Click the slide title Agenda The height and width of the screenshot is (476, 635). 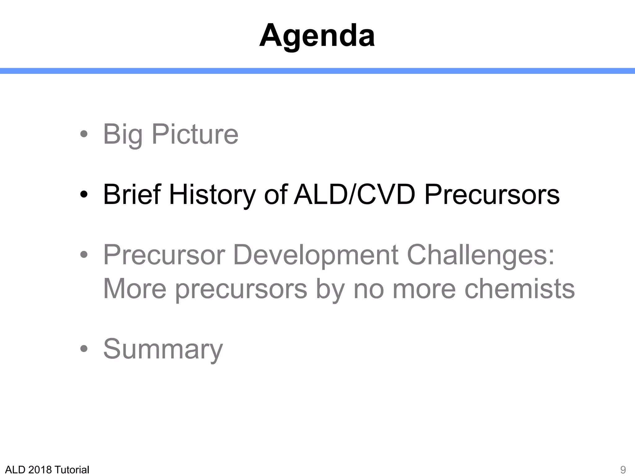click(x=317, y=36)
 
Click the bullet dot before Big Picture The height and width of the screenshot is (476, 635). click(x=84, y=134)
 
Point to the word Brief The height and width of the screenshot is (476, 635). click(x=132, y=195)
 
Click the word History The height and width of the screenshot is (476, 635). click(x=212, y=195)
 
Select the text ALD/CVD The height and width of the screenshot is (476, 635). click(x=354, y=195)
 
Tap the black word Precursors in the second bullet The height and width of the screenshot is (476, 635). click(x=492, y=195)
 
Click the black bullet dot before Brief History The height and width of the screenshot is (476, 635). click(x=84, y=195)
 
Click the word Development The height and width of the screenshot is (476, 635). click(x=316, y=255)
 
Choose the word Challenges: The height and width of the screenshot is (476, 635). click(x=480, y=255)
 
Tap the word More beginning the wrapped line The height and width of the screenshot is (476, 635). click(x=135, y=289)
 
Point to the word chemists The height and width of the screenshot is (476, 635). click(x=519, y=289)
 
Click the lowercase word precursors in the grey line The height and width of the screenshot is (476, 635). click(x=241, y=289)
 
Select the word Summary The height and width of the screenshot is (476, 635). click(x=163, y=349)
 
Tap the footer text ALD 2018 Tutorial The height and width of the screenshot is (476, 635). click(x=47, y=470)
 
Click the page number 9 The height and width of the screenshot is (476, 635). click(x=623, y=470)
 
